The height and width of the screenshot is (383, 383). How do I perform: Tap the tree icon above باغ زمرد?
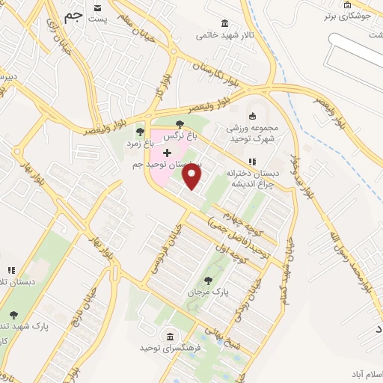[x=140, y=132]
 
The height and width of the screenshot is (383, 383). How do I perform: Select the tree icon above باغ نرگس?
[x=179, y=124]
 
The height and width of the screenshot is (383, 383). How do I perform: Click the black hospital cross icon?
[x=166, y=153]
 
